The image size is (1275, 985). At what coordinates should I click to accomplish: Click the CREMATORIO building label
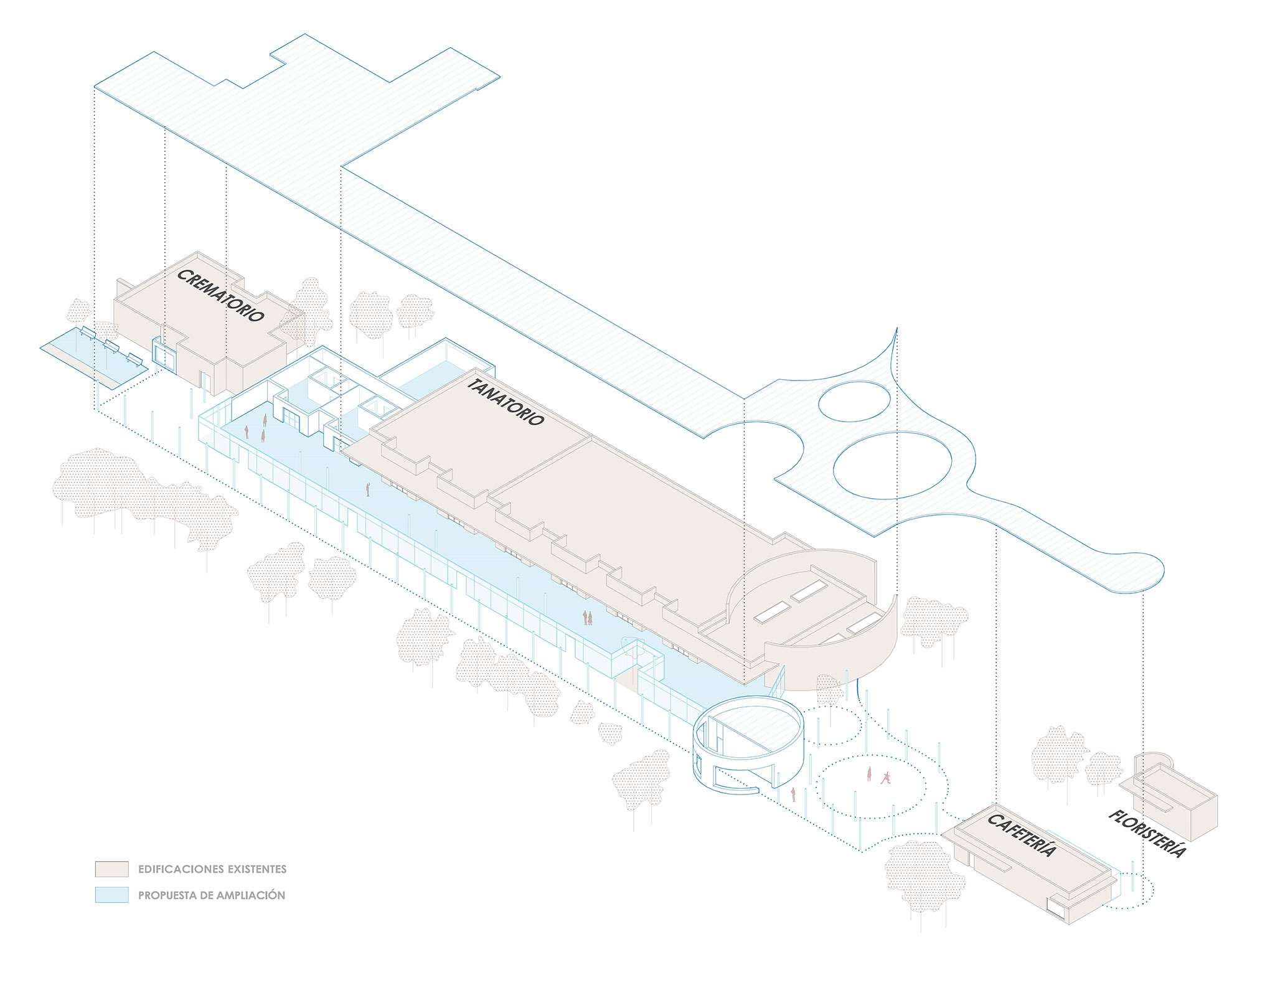[x=220, y=295]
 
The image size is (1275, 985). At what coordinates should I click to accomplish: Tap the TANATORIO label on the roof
[x=505, y=402]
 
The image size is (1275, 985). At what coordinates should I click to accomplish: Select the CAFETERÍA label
[x=1022, y=834]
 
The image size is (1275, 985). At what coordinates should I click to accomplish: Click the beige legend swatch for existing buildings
[x=111, y=869]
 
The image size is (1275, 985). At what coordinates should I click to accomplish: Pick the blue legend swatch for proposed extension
[x=111, y=895]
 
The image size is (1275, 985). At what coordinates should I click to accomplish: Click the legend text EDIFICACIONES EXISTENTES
[x=212, y=869]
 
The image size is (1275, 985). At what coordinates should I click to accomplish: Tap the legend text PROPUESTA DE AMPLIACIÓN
[x=212, y=895]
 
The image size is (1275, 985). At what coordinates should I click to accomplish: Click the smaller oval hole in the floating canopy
[x=854, y=401]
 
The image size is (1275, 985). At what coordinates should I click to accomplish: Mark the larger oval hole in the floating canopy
[x=892, y=465]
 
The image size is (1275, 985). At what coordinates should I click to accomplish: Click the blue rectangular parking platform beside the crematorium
[x=93, y=355]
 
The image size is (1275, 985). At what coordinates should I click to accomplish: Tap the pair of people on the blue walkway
[x=587, y=618]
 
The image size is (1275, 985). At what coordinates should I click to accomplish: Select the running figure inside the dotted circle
[x=885, y=778]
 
